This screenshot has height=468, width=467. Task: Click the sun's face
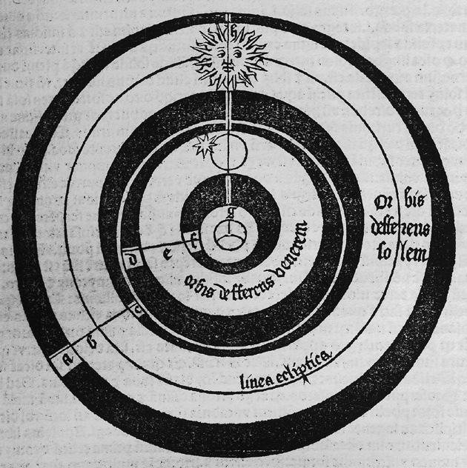coord(227,56)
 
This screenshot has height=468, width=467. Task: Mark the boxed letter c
coord(138,311)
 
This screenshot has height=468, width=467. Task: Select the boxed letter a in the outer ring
coord(67,360)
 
